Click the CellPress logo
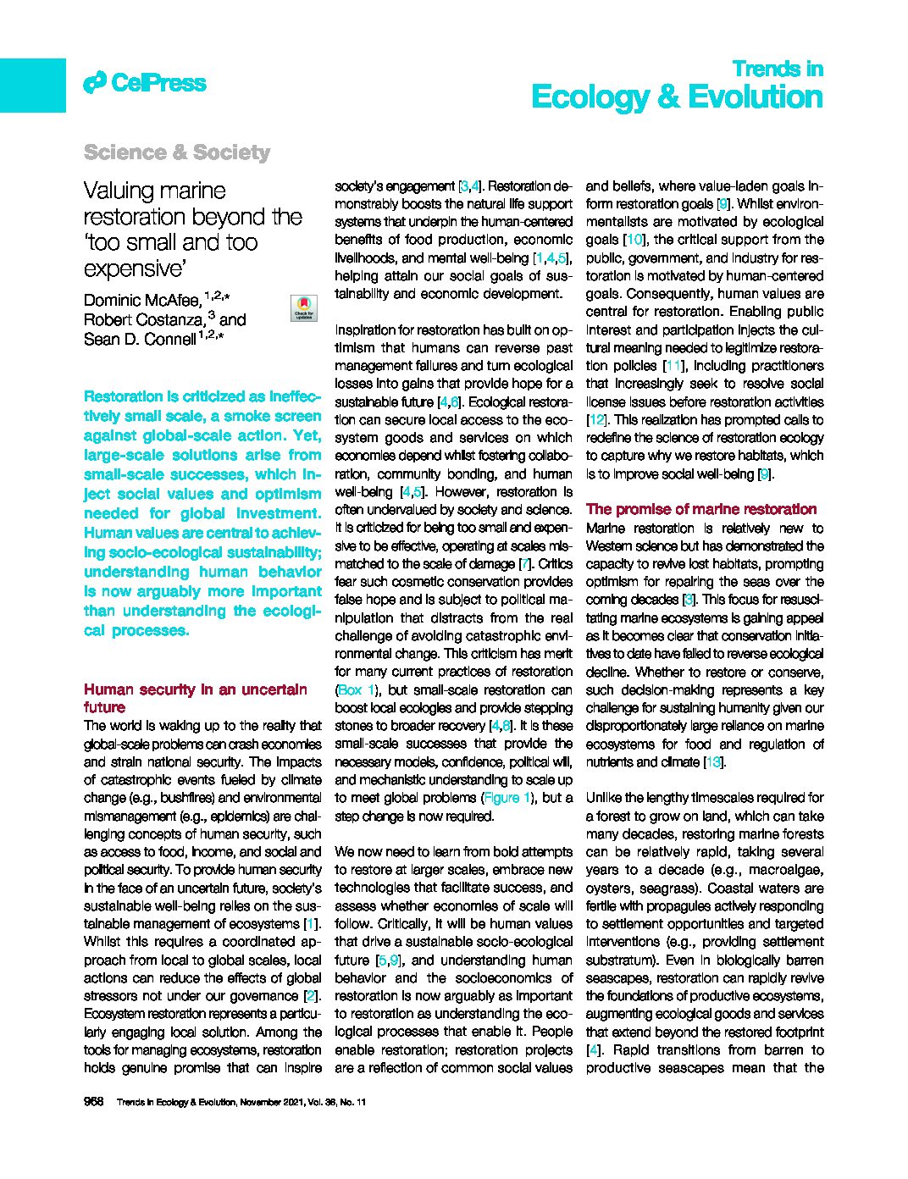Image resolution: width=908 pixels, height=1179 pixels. click(145, 83)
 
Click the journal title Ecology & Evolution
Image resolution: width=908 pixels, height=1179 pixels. click(677, 97)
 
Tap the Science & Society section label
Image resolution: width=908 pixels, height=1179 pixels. click(176, 152)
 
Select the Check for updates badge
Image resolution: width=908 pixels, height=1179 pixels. click(303, 307)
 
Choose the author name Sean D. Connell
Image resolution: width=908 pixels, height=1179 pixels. click(139, 339)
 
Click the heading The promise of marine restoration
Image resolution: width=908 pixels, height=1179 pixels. click(701, 509)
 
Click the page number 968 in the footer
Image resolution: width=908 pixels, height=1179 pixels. click(93, 1102)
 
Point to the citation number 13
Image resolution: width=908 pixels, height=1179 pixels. click(713, 762)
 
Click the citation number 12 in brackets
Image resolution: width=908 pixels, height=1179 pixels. click(596, 420)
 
